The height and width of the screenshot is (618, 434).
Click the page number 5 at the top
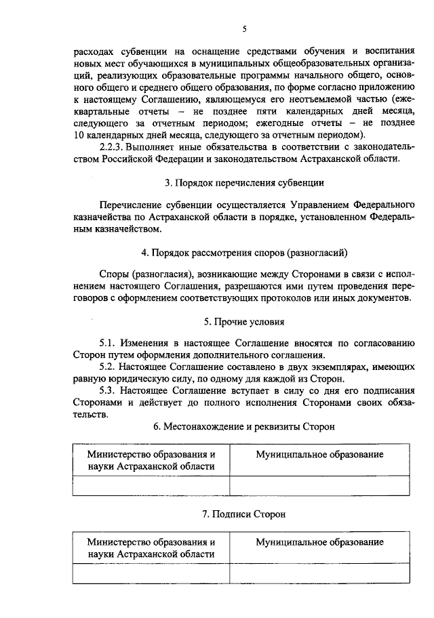(244, 28)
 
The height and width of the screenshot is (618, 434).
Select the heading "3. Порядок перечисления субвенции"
(243, 182)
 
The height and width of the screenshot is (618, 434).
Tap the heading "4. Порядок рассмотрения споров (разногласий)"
(244, 253)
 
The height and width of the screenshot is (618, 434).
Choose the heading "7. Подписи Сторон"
(243, 514)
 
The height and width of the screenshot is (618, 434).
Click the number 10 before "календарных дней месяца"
(78, 136)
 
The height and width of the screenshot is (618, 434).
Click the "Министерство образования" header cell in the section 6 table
(151, 460)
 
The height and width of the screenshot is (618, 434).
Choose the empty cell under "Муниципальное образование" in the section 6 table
(319, 486)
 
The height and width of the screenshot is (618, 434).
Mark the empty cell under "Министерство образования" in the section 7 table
(151, 573)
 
